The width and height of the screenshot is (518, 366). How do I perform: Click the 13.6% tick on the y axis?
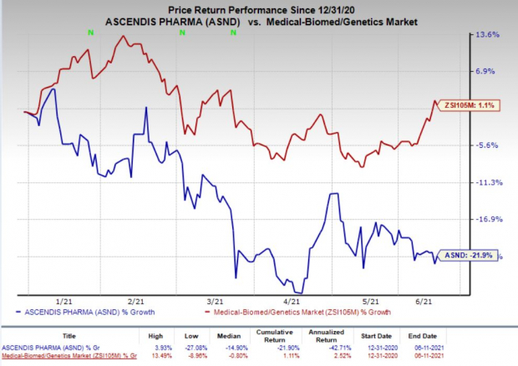click(488, 35)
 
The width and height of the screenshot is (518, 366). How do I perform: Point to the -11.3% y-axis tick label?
click(487, 182)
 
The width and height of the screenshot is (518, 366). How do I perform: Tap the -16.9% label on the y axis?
click(487, 219)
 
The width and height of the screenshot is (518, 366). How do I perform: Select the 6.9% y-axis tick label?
click(488, 72)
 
